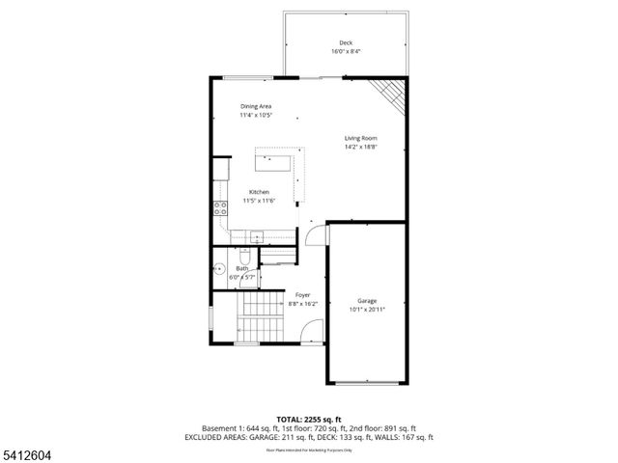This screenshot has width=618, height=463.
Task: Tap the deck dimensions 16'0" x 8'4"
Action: [345, 51]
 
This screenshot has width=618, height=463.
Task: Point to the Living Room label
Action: [360, 138]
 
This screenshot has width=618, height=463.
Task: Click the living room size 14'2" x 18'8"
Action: [360, 148]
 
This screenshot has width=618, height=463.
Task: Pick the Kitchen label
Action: [259, 191]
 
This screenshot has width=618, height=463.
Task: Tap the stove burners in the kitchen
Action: [221, 206]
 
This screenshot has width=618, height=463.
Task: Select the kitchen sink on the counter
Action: [258, 236]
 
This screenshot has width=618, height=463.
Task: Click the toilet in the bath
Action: [245, 258]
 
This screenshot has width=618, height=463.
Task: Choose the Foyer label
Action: [302, 294]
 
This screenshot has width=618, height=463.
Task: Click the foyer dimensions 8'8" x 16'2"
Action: [302, 304]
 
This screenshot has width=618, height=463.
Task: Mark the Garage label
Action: [366, 300]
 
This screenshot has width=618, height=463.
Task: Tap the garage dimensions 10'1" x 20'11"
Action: [366, 310]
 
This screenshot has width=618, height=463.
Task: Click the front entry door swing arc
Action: [311, 332]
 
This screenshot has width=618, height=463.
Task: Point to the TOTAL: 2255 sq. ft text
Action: [309, 418]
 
